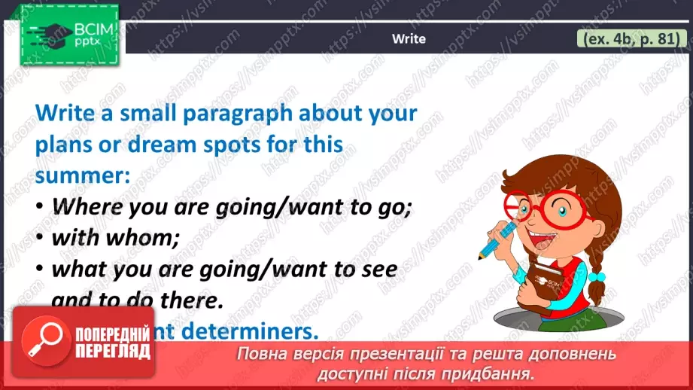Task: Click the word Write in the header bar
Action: [x=409, y=39]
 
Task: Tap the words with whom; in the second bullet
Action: [x=117, y=238]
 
